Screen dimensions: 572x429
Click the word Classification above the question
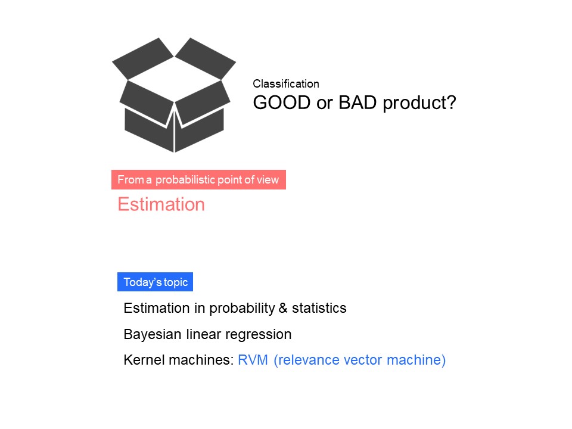click(286, 84)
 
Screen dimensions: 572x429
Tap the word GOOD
click(282, 102)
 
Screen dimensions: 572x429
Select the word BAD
click(357, 102)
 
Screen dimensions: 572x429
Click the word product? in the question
click(419, 103)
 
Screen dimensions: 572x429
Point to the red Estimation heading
click(161, 204)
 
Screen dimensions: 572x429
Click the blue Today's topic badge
click(155, 282)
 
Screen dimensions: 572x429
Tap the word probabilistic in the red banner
click(185, 180)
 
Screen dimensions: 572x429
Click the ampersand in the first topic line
click(283, 308)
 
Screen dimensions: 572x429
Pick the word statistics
click(319, 308)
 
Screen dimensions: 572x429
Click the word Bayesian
click(153, 334)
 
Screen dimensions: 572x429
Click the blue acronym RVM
click(253, 360)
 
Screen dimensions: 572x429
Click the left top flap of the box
click(143, 58)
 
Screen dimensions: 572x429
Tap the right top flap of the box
click(206, 58)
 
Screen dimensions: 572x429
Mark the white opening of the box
click(175, 79)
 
